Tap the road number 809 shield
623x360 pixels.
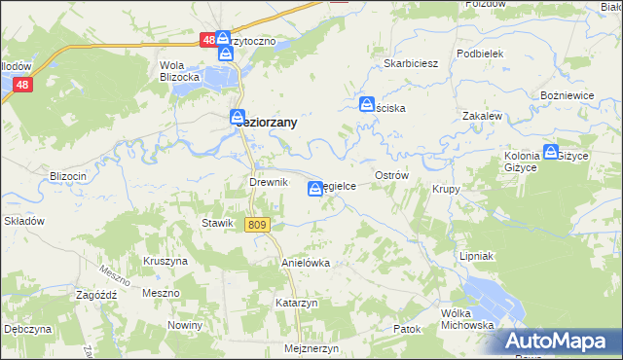[256, 226]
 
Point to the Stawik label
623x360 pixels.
[216, 223]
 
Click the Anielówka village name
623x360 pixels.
[306, 263]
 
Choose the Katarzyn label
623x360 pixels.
[297, 303]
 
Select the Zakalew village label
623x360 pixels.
[482, 115]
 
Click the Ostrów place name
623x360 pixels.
[390, 174]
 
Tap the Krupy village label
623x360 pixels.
[446, 189]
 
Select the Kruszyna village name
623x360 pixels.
[165, 262]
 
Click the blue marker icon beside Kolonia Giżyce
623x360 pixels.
[551, 153]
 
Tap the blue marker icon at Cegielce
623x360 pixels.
[316, 189]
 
